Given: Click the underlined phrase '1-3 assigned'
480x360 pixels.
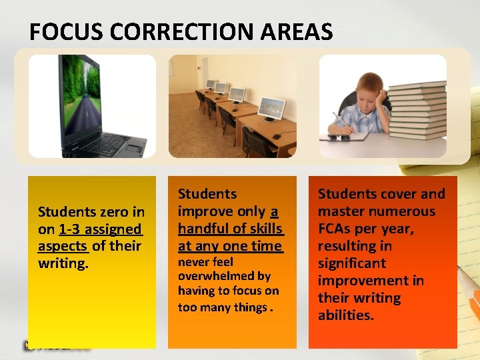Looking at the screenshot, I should pos(100,229).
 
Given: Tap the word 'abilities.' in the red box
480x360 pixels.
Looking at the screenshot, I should pos(346,315).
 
